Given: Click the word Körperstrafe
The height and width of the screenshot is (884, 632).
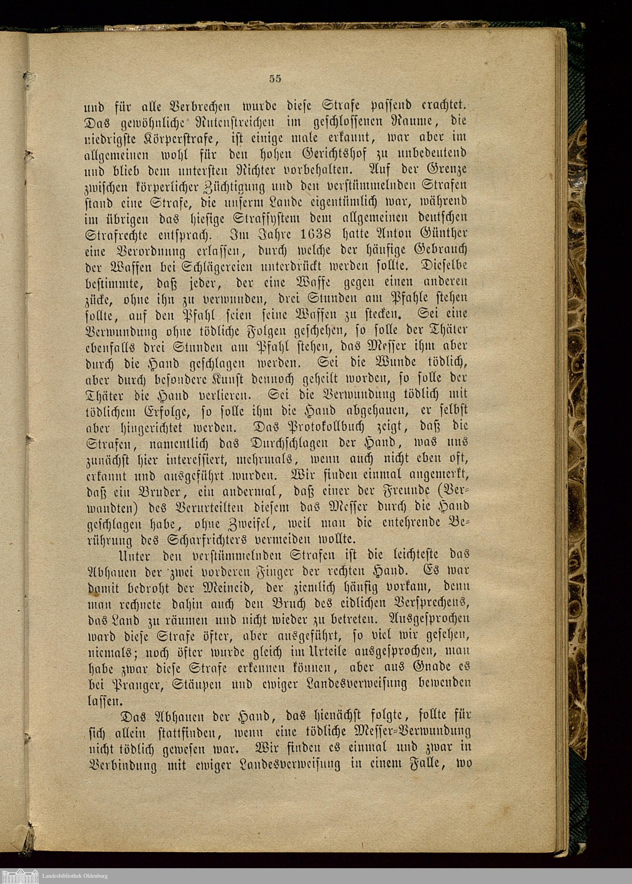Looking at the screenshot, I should tap(185, 138).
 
